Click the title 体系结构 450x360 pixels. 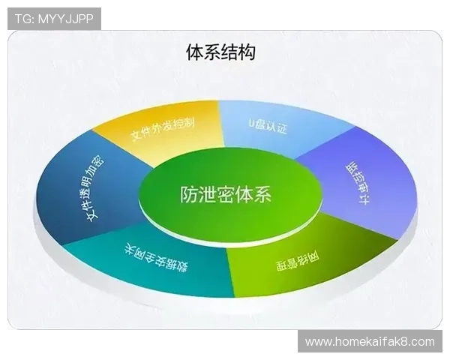220,52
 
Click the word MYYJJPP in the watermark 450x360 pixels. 65,19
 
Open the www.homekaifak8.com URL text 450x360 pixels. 370,342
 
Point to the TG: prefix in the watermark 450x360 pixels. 23,19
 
